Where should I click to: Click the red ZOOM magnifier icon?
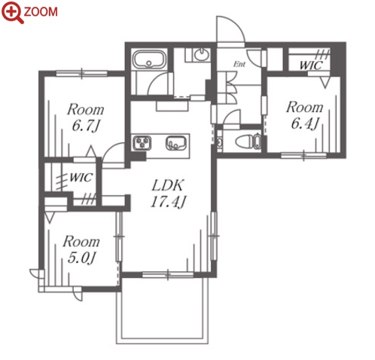(12, 12)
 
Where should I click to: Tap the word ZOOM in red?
(41, 12)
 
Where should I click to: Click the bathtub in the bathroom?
(149, 59)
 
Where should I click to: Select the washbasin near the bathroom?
(202, 55)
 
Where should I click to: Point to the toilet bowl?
(245, 142)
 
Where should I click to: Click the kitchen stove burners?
(142, 143)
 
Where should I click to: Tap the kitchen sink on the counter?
(176, 143)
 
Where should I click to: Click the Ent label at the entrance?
(239, 64)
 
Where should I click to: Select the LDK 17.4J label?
(168, 194)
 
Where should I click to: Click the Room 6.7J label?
(85, 117)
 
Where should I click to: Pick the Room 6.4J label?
(305, 115)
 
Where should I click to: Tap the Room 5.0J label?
(81, 249)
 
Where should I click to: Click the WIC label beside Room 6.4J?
(311, 66)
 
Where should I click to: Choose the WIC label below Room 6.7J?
(81, 178)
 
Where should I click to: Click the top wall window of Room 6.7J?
(82, 73)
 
